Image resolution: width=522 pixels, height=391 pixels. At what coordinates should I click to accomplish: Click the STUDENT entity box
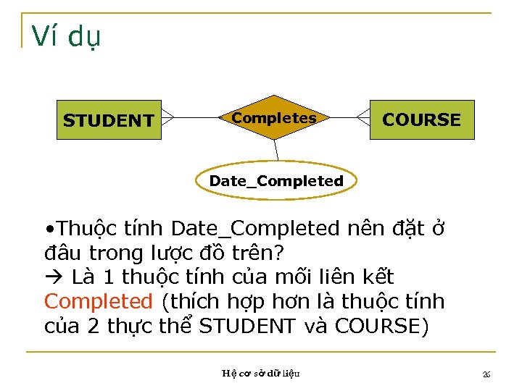109,119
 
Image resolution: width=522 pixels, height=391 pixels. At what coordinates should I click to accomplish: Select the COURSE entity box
421,119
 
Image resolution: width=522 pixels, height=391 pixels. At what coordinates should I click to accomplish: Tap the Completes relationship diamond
273,117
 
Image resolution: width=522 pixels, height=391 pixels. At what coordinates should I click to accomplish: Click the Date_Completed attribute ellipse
276,180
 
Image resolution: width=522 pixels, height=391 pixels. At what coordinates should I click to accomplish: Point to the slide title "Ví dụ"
67,36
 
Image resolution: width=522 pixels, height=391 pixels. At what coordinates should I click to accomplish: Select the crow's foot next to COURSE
363,117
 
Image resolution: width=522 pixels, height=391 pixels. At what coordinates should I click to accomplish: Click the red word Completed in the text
98,301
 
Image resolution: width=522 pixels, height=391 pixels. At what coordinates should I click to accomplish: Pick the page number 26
486,374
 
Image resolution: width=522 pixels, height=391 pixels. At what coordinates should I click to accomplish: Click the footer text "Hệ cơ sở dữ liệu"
260,374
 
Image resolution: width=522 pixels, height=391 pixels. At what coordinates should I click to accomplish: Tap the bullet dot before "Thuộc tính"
49,230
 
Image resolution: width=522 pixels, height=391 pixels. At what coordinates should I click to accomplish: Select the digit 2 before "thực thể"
94,326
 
